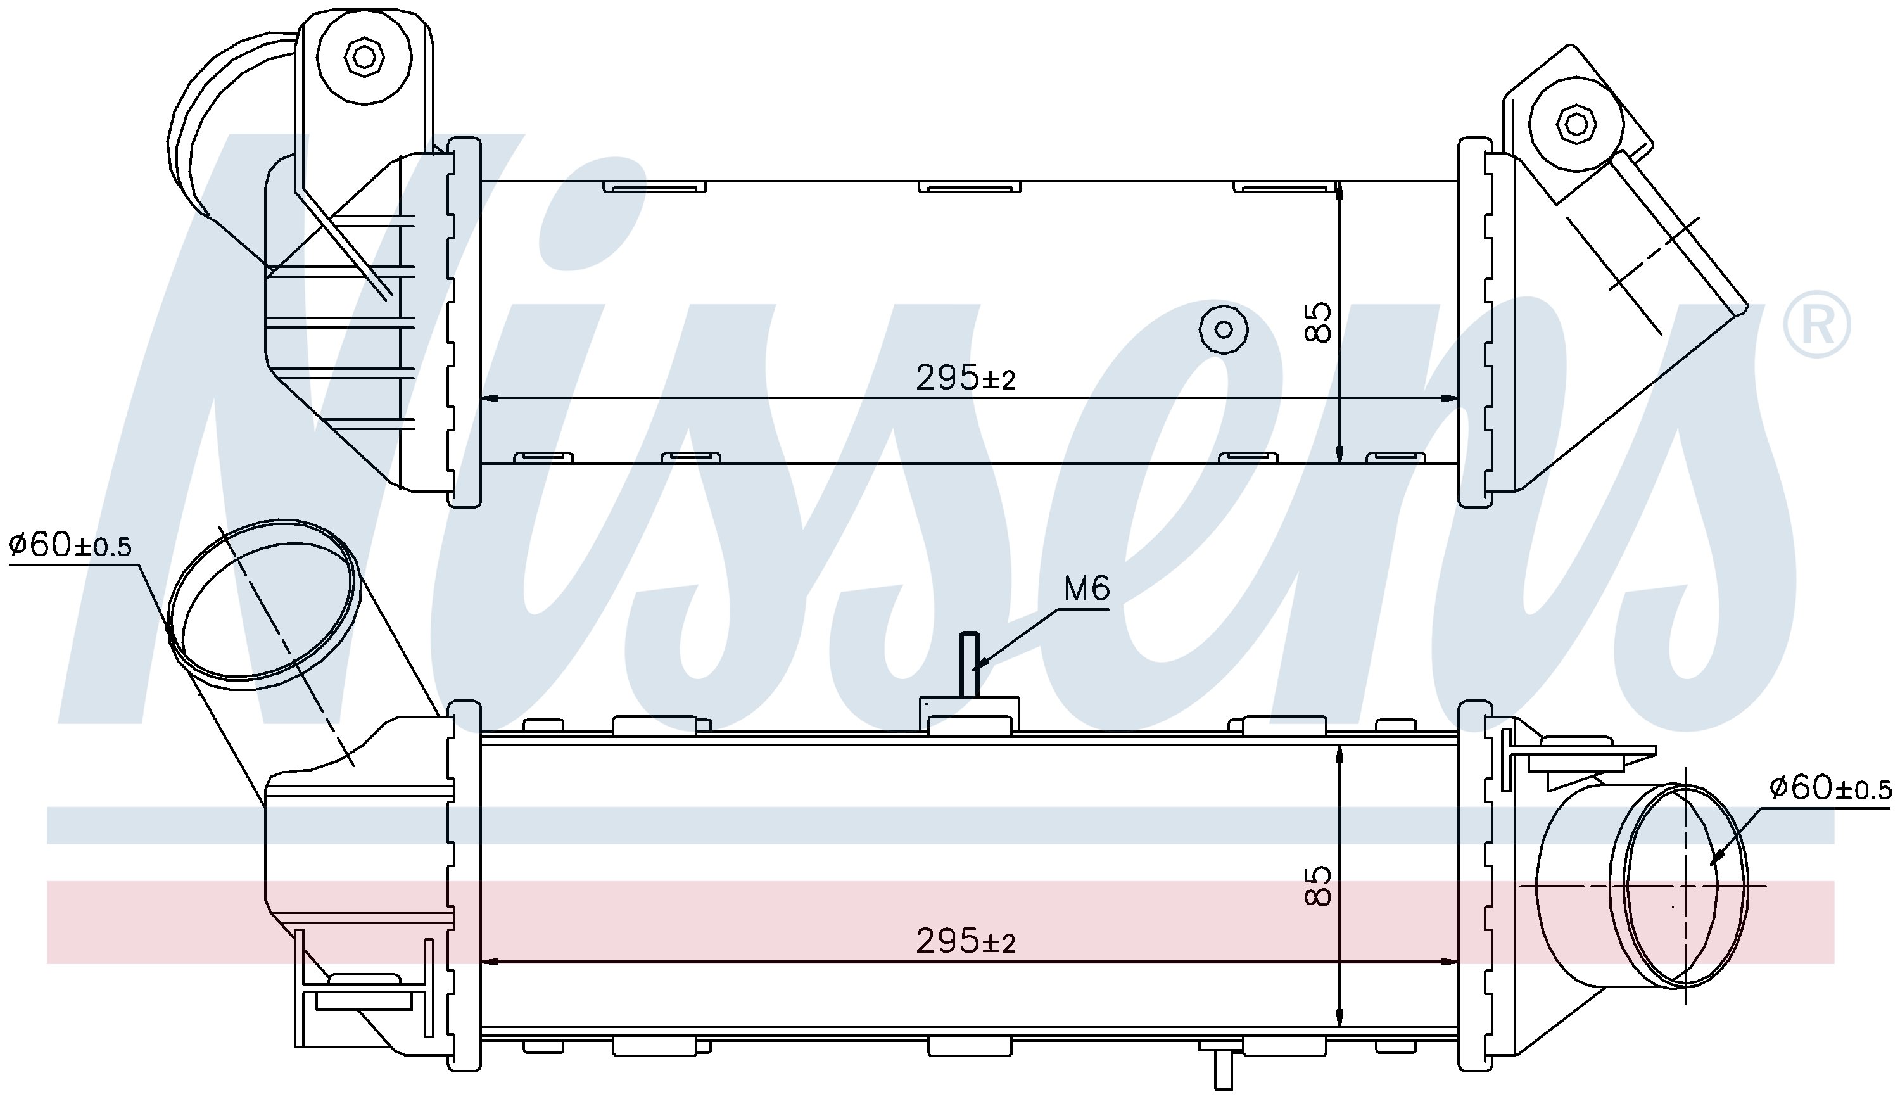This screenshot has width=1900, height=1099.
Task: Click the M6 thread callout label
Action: (x=1086, y=588)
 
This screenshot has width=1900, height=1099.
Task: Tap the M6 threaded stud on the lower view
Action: (x=969, y=665)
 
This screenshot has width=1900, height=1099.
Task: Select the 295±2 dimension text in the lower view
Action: (x=966, y=941)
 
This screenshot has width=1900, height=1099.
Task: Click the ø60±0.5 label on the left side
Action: (x=70, y=544)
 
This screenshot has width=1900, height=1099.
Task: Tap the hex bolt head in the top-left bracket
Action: (x=364, y=56)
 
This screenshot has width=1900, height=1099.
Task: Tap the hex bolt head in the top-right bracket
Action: (x=1574, y=123)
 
